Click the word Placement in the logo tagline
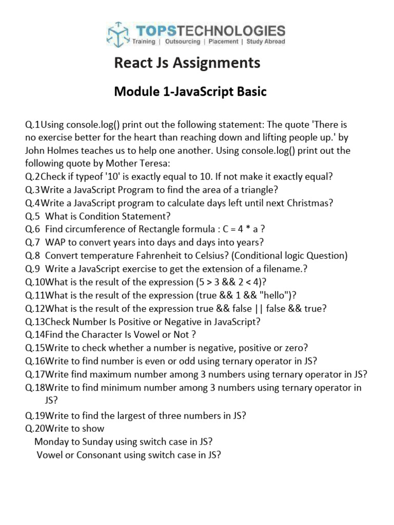click(224, 42)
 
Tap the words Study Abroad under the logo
click(266, 42)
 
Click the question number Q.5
click(33, 216)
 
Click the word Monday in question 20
click(51, 441)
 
